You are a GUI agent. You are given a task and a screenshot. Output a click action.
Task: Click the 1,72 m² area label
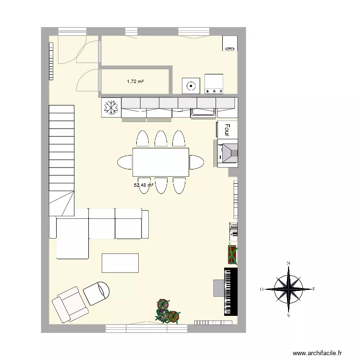(135, 82)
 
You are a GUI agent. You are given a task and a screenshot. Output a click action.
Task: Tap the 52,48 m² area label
(144, 185)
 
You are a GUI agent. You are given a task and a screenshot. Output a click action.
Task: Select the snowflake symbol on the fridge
(111, 108)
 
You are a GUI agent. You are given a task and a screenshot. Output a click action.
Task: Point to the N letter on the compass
(288, 264)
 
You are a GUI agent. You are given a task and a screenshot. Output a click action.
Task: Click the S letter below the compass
(288, 315)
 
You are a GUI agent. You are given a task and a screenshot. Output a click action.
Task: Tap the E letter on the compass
(313, 289)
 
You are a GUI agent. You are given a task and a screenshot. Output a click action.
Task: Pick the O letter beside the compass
(262, 289)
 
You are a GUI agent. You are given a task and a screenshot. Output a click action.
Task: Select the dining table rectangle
(161, 162)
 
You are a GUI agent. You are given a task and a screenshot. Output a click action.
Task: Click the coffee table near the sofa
(120, 263)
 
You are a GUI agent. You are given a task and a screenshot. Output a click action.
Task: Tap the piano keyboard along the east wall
(231, 291)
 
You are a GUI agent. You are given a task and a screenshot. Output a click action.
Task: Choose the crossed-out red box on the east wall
(232, 254)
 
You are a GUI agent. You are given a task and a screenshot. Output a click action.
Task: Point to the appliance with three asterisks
(214, 84)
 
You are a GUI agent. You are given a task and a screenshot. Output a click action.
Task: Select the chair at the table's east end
(197, 162)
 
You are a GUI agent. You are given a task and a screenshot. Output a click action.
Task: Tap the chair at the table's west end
(125, 162)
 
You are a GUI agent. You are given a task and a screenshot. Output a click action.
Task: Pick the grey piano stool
(218, 288)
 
